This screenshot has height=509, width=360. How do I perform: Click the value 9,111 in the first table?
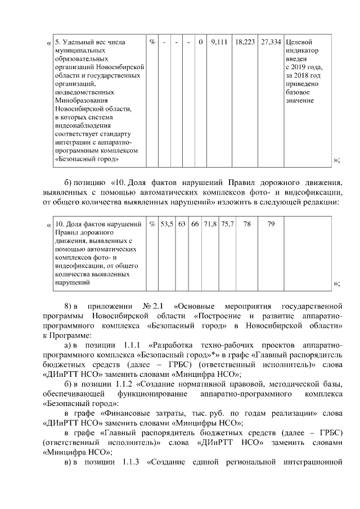[218, 42]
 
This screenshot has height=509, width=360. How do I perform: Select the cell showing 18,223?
[245, 42]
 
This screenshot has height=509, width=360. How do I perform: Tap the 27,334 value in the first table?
[271, 42]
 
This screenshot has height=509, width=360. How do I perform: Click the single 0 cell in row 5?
[201, 42]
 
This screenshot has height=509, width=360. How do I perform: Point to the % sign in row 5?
[152, 42]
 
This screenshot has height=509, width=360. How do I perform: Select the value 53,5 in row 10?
[167, 224]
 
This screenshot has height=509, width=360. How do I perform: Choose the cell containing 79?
[271, 224]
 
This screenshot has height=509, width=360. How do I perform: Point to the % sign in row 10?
[152, 224]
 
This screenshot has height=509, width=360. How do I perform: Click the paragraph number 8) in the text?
[69, 306]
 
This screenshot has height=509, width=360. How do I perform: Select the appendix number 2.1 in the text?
[158, 306]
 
